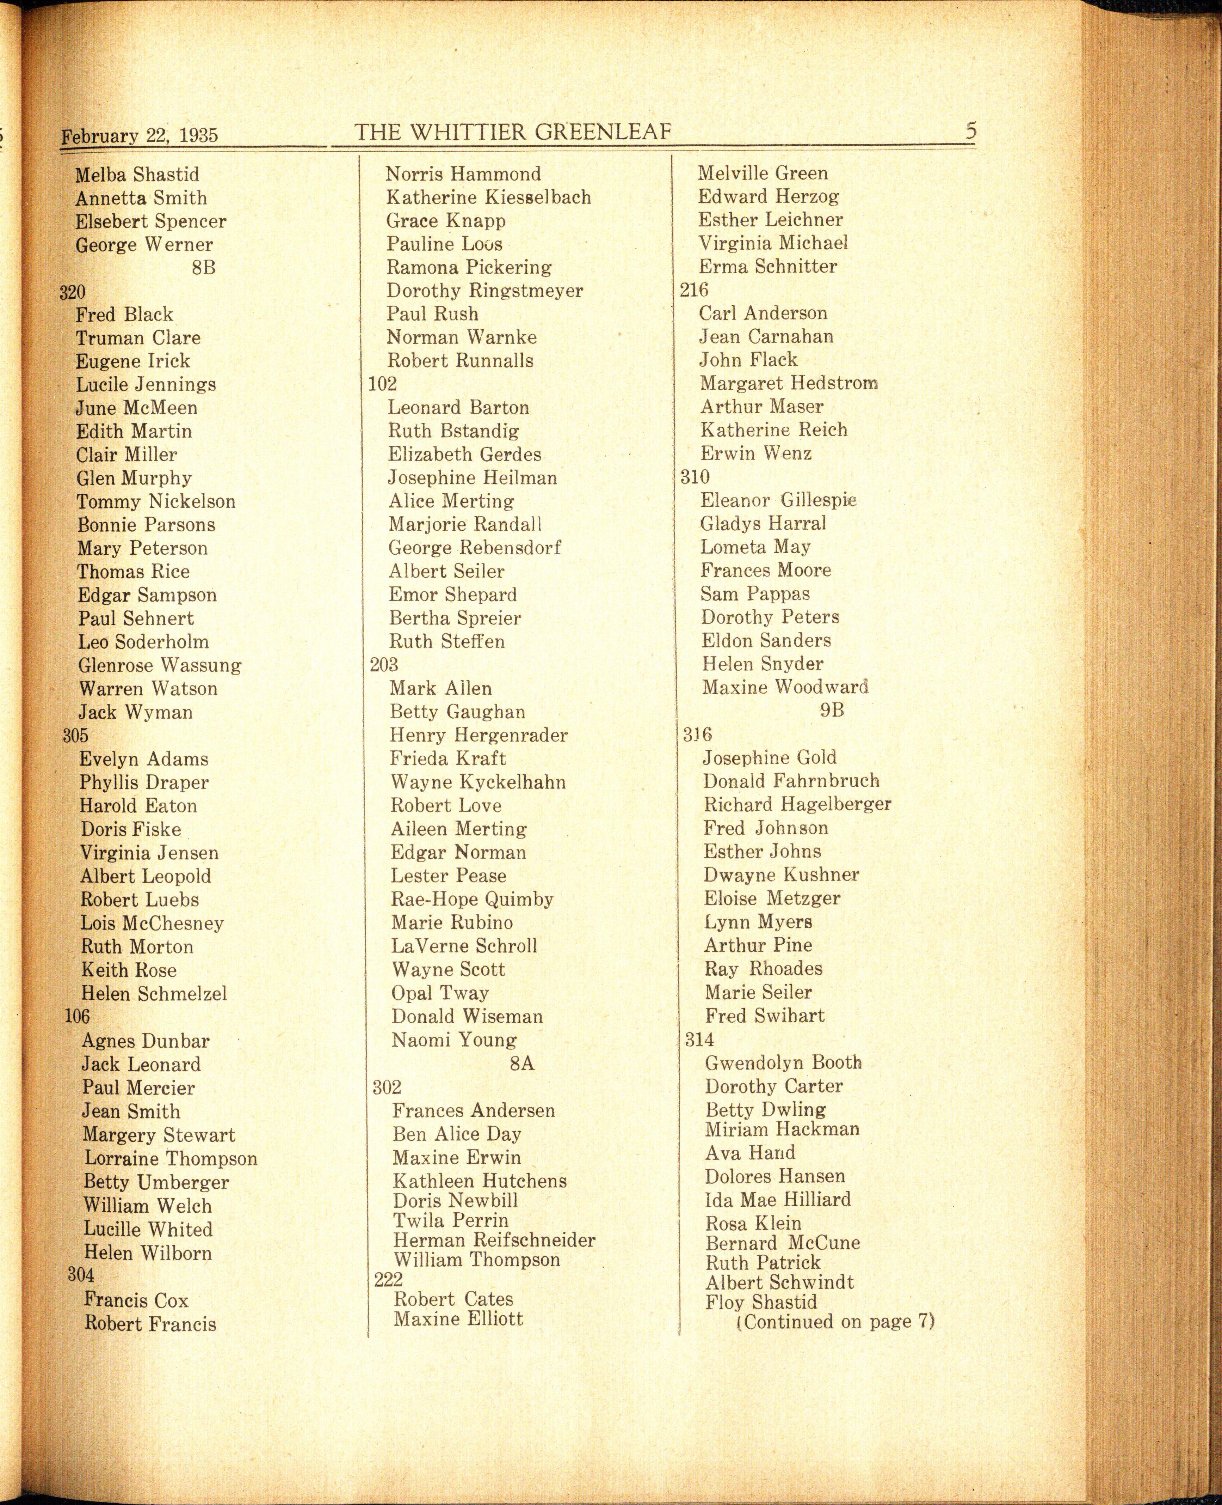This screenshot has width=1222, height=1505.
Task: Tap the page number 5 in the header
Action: pos(971,131)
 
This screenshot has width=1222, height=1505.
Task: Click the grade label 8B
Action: pos(203,268)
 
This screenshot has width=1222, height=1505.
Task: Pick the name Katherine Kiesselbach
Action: pos(488,197)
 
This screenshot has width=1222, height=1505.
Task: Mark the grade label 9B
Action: pos(831,710)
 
